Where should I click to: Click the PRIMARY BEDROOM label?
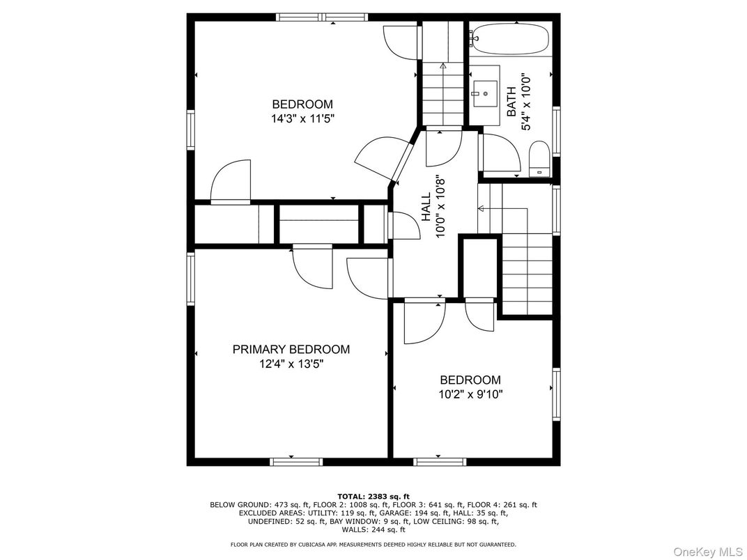[291, 349]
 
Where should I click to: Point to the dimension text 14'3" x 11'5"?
[302, 119]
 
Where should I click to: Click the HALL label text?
[426, 207]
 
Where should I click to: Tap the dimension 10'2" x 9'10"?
[470, 394]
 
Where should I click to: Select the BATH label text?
[512, 102]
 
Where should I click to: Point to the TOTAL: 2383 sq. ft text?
[373, 497]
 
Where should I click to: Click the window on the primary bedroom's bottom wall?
[296, 461]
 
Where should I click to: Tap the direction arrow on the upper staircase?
[443, 66]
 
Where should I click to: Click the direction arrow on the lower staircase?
[481, 208]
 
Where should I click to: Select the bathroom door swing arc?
[500, 155]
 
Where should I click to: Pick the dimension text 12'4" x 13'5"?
[291, 364]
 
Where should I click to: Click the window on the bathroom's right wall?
[556, 130]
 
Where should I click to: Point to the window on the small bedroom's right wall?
[556, 395]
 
